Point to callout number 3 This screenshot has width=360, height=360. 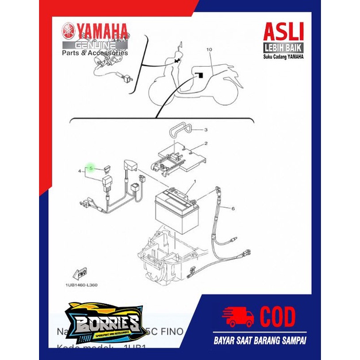pyautogui.click(x=206, y=130)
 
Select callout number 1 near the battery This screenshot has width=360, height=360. pyautogui.click(x=194, y=181)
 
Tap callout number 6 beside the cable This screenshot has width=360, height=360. pyautogui.click(x=233, y=210)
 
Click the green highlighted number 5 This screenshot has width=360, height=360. pyautogui.click(x=91, y=168)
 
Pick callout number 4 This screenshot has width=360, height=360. pyautogui.click(x=80, y=171)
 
